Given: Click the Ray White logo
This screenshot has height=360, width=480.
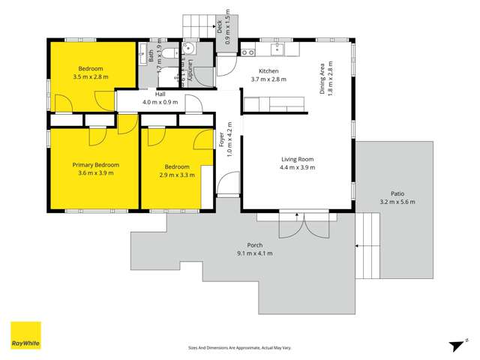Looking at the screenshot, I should (25, 335).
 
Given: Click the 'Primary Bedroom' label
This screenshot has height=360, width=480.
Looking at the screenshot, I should (95, 165).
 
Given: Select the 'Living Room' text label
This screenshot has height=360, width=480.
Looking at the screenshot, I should (297, 159).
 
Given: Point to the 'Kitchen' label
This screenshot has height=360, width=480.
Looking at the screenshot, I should (268, 70).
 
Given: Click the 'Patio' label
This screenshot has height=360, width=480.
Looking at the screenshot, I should (397, 193).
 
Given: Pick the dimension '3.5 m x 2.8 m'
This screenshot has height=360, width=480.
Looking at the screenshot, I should (91, 76).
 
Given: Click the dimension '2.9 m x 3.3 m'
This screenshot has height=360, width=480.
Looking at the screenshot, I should (177, 175).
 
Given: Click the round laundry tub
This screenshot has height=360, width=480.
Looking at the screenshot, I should (189, 49).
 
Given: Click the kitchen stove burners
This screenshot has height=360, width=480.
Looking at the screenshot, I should (247, 51).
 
